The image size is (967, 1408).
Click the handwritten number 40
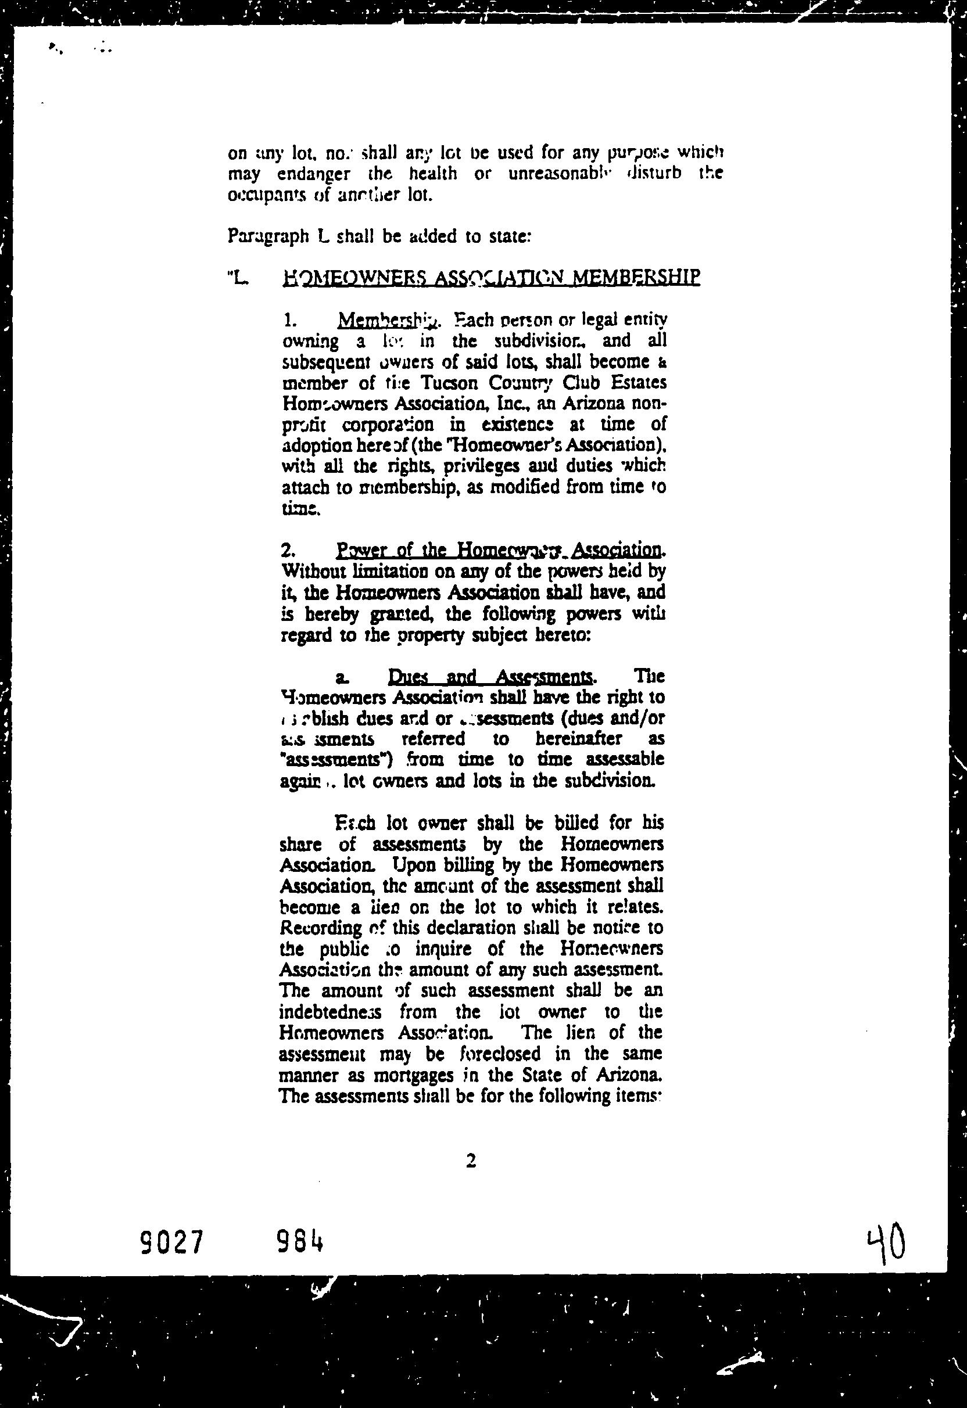pyautogui.click(x=886, y=1243)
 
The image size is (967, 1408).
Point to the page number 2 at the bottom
pyautogui.click(x=471, y=1161)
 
